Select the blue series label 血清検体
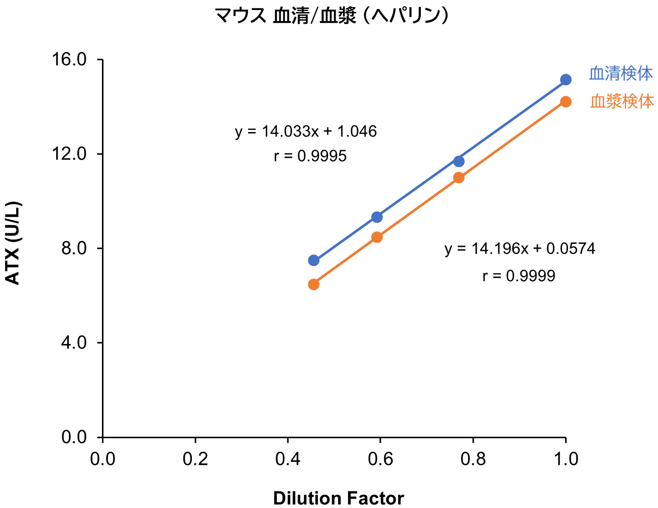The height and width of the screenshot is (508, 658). [621, 74]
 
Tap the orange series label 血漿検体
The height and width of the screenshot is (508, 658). [622, 102]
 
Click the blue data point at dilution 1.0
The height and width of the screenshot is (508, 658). [566, 80]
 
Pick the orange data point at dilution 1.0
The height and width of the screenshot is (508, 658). [566, 102]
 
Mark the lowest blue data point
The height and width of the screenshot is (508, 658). [313, 260]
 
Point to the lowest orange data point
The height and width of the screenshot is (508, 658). [313, 285]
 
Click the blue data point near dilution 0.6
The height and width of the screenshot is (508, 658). [377, 217]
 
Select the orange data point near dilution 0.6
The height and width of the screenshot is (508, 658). [377, 237]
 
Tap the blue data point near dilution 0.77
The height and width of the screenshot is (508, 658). [459, 161]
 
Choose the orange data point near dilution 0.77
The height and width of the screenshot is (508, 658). [459, 178]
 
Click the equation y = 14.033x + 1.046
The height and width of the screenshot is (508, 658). [306, 132]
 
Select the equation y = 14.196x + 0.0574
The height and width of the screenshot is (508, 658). [520, 248]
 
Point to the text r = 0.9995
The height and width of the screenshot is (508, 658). [310, 156]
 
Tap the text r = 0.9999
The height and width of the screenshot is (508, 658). [519, 276]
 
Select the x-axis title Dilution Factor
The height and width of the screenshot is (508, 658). [339, 498]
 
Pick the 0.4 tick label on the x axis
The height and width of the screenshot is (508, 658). [288, 459]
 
